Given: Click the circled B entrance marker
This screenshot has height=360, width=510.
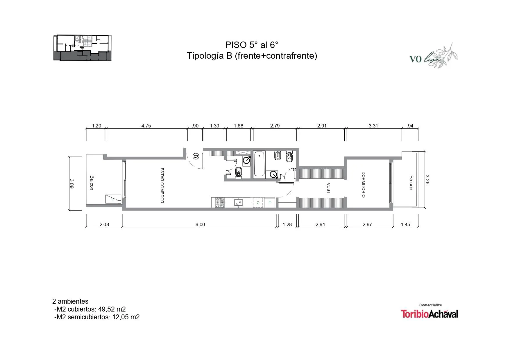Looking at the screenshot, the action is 196,157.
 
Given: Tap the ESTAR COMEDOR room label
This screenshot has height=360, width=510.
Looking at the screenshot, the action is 162,185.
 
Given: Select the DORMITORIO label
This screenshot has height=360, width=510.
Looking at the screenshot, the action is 363,185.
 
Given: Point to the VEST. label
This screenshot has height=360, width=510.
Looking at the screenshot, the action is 329,188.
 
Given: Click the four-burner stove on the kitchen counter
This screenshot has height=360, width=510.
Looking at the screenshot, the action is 220,202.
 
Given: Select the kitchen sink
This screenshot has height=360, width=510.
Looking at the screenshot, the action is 239,203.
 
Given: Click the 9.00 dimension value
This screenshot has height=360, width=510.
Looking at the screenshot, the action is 200,224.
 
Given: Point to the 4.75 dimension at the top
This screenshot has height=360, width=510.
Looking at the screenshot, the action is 146,126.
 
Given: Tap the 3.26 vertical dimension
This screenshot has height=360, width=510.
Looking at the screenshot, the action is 427,179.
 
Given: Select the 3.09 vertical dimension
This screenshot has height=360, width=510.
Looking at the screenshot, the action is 71,183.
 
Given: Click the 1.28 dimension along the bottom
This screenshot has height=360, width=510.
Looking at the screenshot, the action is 287,224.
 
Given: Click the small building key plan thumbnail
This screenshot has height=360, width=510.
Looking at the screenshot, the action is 83,48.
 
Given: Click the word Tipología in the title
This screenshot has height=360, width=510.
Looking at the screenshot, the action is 206,56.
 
